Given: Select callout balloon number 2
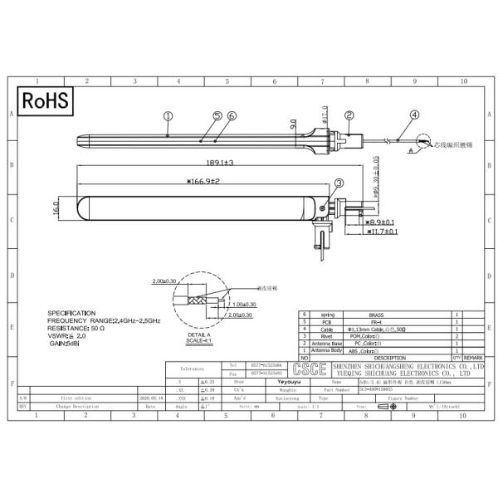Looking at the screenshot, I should click(349, 116).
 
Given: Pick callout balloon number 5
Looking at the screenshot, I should click(217, 116).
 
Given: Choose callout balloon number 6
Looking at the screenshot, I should click(231, 116).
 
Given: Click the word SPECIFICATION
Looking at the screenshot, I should click(77, 313).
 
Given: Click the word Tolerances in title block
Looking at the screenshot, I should click(191, 365).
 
